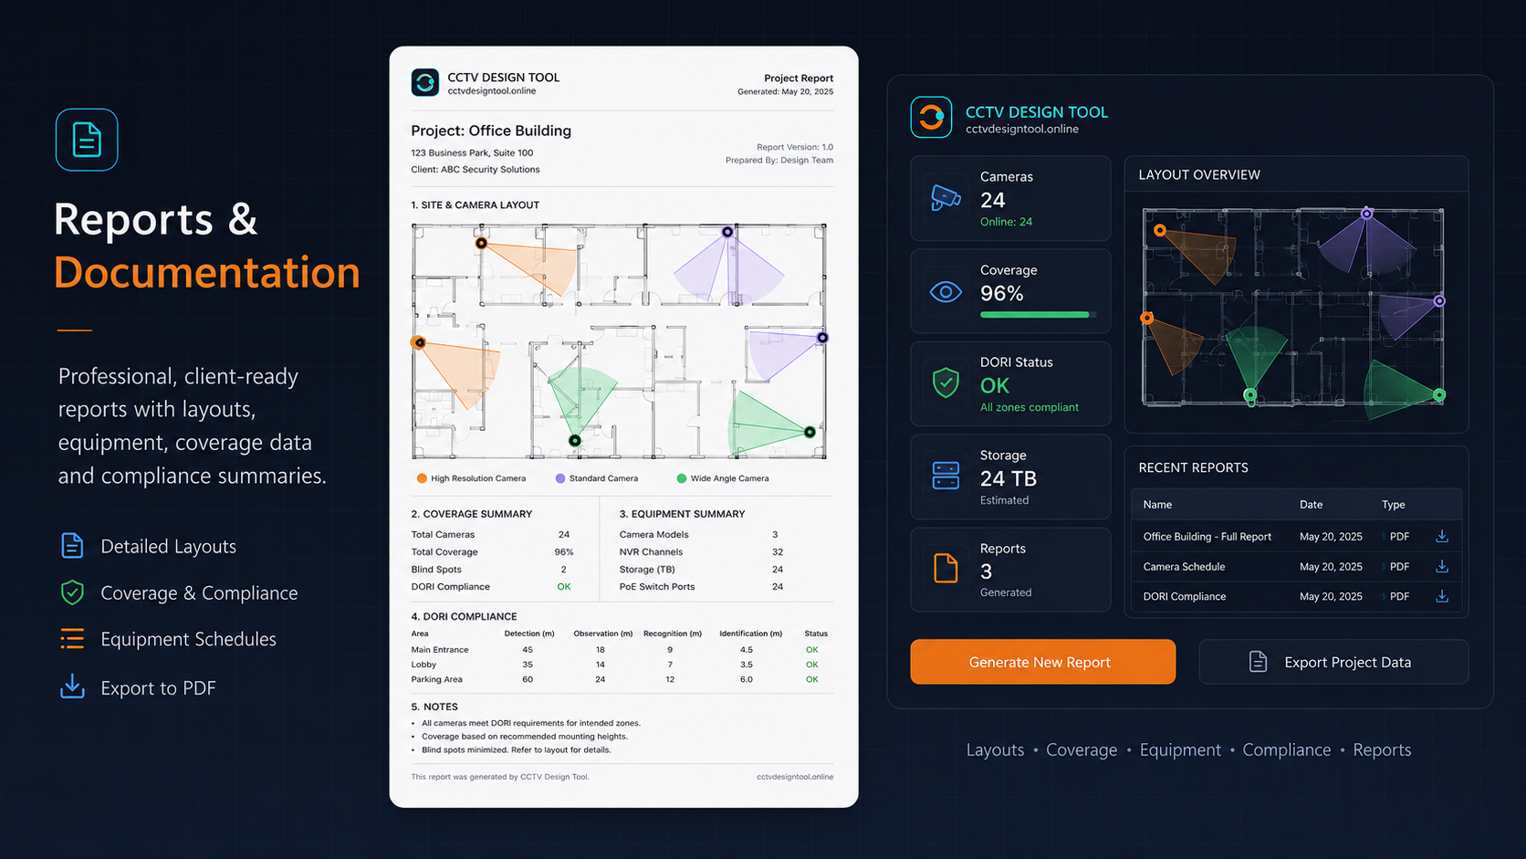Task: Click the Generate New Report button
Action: tap(1042, 662)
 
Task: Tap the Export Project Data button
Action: tap(1333, 662)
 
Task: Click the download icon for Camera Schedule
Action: tap(1441, 566)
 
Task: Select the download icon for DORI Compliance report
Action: tap(1441, 596)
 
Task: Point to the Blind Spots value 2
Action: tap(563, 570)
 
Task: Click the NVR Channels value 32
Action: tap(778, 551)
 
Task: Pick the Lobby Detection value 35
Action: tap(528, 665)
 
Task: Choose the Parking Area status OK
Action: tap(811, 679)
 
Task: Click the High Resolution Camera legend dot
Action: tap(422, 478)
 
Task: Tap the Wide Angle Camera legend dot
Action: tap(681, 478)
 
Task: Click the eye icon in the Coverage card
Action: tap(946, 292)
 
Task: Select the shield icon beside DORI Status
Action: tap(946, 382)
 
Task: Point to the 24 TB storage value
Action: tap(1009, 479)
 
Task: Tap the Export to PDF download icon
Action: tap(72, 686)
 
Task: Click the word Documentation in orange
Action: tap(206, 272)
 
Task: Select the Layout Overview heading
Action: tap(1199, 175)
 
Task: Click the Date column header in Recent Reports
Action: tap(1311, 505)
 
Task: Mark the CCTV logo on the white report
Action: tap(424, 82)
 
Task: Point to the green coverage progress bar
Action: tap(1034, 315)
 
